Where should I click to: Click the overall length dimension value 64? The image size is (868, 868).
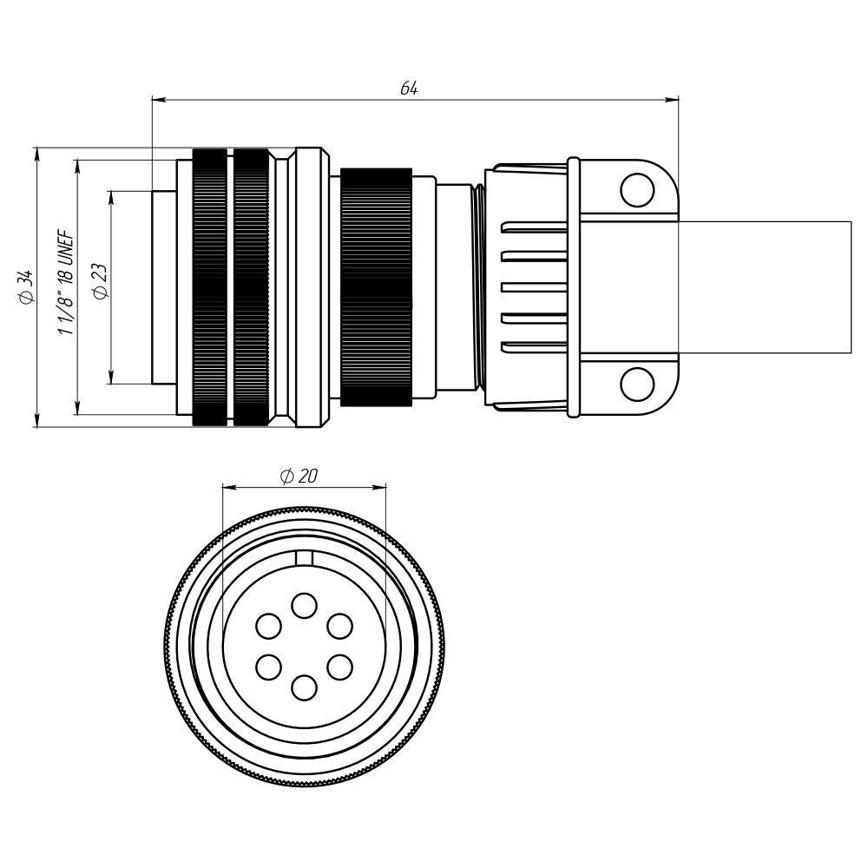pos(409,89)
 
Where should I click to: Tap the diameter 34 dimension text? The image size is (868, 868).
pos(25,287)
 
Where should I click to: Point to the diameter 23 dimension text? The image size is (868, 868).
pos(100,282)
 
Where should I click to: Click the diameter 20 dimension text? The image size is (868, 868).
pos(299,476)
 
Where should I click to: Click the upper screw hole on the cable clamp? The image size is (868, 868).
pos(636,189)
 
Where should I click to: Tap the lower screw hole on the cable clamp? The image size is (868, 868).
pos(636,383)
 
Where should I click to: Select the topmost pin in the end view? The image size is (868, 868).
pos(303,605)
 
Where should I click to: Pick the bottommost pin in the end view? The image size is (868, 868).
pos(303,687)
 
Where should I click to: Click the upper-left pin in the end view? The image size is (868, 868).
pos(268,626)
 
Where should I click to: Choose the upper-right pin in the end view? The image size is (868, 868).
pos(339,626)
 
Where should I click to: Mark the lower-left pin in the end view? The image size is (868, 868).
pos(268,667)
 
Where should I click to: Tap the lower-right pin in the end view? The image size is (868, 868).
pos(339,667)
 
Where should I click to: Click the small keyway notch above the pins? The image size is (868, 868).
pos(303,558)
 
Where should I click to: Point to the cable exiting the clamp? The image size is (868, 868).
pos(764,286)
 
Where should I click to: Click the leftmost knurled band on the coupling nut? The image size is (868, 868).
pos(209,286)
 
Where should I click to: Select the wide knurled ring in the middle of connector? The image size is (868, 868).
pos(376,286)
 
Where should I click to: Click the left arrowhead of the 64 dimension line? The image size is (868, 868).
pos(156,99)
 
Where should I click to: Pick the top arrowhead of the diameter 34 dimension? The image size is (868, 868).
pos(37,153)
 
